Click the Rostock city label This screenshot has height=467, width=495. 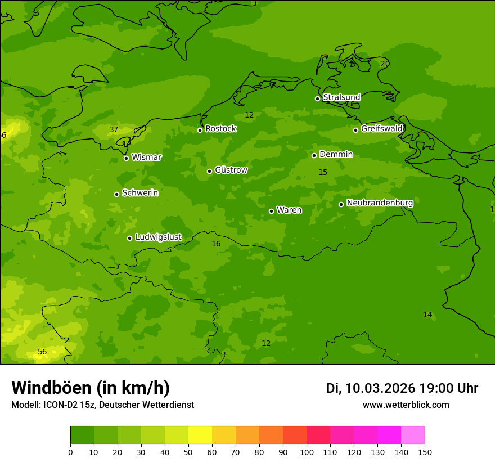point(220,129)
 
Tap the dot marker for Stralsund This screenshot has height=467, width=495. point(317,98)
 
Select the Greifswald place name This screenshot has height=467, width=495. point(381,129)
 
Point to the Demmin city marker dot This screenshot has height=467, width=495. point(314,155)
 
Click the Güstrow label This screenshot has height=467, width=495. point(231,170)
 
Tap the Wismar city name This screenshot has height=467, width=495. point(146,157)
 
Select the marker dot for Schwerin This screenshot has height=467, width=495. point(116,194)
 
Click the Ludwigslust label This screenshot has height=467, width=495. point(158,237)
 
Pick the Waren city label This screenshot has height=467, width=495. point(289,210)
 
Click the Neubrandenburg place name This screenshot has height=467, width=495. point(380,203)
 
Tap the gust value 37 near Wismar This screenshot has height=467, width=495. point(114,130)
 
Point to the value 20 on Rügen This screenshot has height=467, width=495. point(385,64)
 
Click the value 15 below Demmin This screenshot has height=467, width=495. point(323,172)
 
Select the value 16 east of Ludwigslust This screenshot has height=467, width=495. point(216,244)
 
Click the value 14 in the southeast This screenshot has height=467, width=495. point(427,315)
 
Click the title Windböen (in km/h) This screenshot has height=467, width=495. point(91,388)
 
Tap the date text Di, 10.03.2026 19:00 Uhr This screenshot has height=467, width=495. point(402,388)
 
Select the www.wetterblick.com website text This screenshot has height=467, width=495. point(406,405)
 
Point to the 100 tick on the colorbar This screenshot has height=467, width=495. point(307,452)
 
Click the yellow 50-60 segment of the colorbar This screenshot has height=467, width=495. point(200,435)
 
